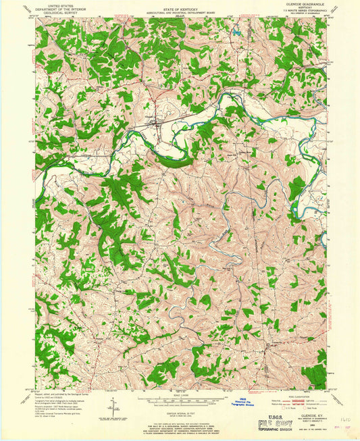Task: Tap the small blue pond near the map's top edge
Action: coord(237,31)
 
